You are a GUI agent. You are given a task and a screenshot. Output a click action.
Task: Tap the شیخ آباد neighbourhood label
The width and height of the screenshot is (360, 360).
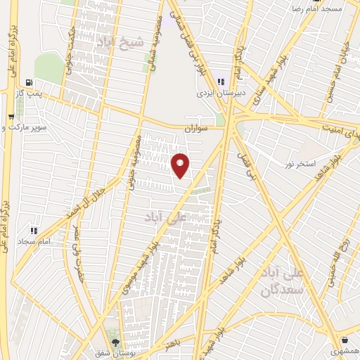point(124,42)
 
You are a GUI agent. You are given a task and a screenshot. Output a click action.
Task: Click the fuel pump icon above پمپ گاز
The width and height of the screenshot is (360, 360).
point(28,83)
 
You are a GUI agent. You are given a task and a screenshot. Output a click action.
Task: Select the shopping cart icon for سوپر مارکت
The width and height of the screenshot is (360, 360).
point(10,117)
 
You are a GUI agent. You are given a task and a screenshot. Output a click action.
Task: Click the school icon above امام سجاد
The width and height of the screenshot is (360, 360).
point(33,230)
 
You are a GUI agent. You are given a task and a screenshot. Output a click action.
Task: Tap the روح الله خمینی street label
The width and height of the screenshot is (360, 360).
point(339,259)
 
